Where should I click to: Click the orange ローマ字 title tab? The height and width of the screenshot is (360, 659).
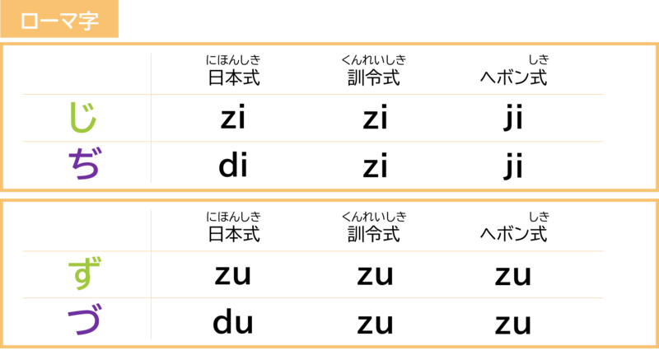click(59, 19)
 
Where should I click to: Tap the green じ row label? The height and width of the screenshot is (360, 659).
click(83, 118)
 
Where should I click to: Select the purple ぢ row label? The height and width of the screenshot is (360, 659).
click(84, 163)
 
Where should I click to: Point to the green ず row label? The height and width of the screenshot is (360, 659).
click(84, 274)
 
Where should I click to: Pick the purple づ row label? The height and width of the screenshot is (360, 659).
click(84, 320)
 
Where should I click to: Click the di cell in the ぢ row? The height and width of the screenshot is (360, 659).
click(233, 165)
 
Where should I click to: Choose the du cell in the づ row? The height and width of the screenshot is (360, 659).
click(233, 321)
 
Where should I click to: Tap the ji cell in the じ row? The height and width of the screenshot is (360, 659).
click(513, 118)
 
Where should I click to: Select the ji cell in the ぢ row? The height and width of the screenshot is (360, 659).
click(513, 166)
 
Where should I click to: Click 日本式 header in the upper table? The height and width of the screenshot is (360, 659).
click(234, 77)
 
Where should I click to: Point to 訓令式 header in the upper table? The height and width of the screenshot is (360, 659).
click(374, 77)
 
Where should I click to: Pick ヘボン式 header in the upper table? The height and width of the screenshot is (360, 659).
click(513, 77)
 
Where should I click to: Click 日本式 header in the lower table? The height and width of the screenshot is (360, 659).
click(234, 234)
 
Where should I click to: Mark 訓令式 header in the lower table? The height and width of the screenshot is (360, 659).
click(374, 234)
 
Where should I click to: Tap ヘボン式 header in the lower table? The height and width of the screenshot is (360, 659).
click(513, 234)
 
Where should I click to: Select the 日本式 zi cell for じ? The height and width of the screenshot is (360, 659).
click(233, 117)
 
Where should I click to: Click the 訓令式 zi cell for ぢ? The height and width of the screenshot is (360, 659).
click(375, 165)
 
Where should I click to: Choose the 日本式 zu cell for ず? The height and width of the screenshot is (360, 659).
click(233, 275)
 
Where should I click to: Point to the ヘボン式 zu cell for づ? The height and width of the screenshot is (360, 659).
click(513, 324)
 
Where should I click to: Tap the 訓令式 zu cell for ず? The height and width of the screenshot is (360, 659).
click(376, 276)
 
